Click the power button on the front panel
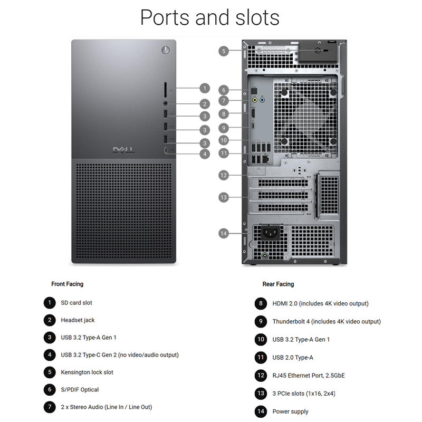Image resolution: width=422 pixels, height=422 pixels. click(166, 50)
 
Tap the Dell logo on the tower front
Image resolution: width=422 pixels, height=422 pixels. click(123, 150)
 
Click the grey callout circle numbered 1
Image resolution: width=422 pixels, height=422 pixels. click(205, 88)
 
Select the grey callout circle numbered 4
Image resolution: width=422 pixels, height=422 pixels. click(205, 154)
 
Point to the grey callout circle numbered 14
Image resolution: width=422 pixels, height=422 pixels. click(224, 233)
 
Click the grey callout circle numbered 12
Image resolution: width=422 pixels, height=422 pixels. click(224, 176)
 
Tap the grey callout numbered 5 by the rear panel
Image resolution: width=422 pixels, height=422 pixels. click(224, 51)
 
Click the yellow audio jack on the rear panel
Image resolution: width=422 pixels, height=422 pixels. click(255, 100)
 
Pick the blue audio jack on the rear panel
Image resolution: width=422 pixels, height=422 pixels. click(262, 100)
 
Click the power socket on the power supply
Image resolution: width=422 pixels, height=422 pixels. click(271, 232)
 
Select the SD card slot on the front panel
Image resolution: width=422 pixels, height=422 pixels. click(165, 90)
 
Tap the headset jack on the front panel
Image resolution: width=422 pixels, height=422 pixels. click(166, 103)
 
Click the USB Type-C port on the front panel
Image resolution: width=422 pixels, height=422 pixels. click(166, 150)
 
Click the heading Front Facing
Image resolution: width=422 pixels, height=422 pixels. click(68, 284)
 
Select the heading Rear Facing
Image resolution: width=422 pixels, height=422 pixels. click(279, 284)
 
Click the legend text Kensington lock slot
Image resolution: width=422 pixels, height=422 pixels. click(87, 372)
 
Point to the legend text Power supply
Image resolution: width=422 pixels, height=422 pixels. click(291, 411)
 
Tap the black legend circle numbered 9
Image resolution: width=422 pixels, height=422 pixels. click(261, 321)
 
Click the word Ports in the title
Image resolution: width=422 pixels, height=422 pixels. click(165, 18)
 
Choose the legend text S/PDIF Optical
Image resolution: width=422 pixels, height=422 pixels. click(80, 390)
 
